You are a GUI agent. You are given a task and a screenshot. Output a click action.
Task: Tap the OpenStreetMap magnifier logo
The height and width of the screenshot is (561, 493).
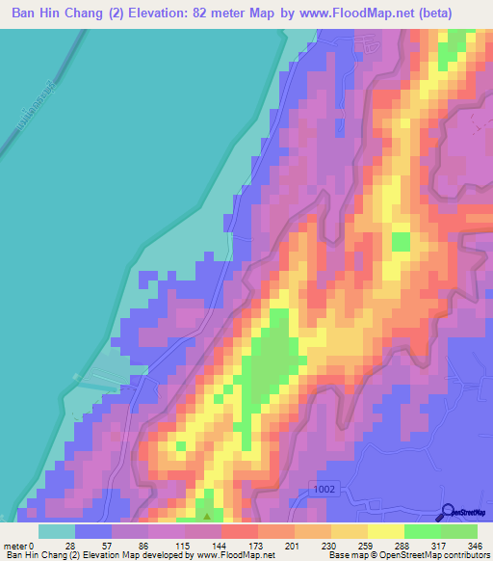pos(449,511)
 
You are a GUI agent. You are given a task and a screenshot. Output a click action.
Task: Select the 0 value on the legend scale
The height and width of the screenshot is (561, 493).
pos(41,545)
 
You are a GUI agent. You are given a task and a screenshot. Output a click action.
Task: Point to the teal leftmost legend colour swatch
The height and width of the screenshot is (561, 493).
pos(57,530)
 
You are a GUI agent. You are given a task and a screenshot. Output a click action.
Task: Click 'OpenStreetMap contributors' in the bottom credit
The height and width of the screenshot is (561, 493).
pos(443,556)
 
